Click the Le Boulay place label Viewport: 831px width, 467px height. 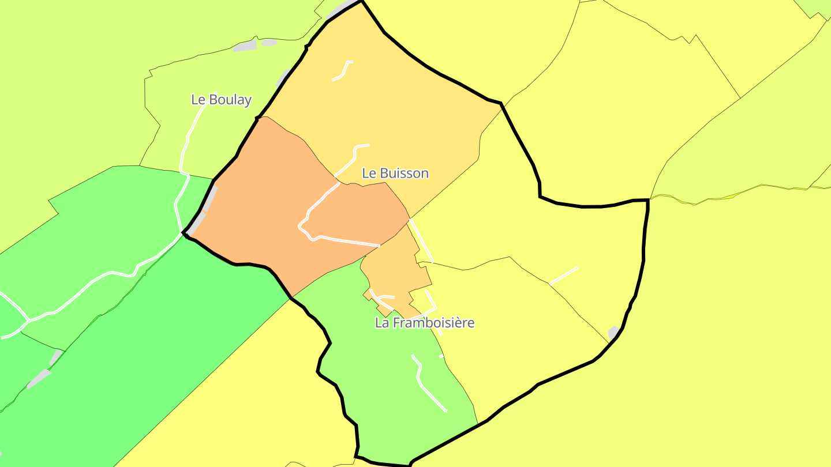pyautogui.click(x=221, y=99)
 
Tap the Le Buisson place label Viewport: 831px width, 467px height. pyautogui.click(x=395, y=173)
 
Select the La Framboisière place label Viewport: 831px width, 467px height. pyautogui.click(x=425, y=323)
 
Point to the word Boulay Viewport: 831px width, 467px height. pyautogui.click(x=230, y=99)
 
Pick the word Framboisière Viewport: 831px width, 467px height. pyautogui.click(x=433, y=323)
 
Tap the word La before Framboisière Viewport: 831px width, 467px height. pyautogui.click(x=381, y=323)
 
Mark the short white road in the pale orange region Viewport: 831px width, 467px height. pyautogui.click(x=343, y=70)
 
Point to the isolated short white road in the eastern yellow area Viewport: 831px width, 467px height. pyautogui.click(x=563, y=276)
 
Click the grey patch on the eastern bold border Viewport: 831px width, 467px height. pyautogui.click(x=613, y=333)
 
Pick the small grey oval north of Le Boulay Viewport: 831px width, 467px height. pyautogui.click(x=269, y=42)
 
